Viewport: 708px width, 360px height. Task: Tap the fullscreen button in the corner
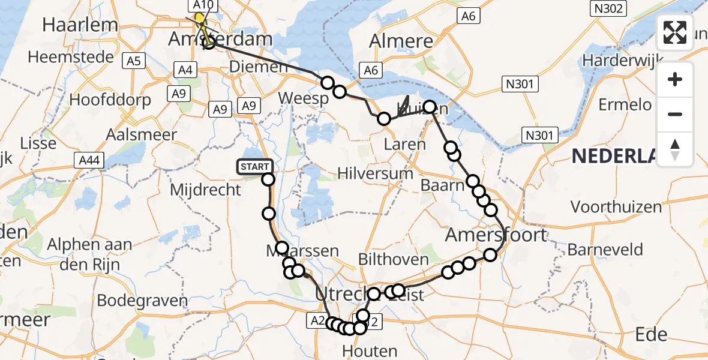click(675, 32)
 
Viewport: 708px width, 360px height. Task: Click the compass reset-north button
click(675, 149)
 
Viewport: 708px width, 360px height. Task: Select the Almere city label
click(401, 41)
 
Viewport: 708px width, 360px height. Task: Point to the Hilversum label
click(375, 173)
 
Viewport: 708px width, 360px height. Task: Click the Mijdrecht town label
click(206, 190)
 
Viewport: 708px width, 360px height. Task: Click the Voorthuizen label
click(616, 207)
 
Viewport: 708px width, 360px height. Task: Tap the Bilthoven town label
click(393, 260)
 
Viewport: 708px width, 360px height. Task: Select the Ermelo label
click(625, 105)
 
